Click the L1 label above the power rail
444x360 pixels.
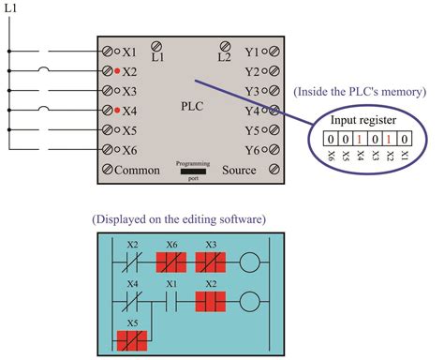coord(11,7)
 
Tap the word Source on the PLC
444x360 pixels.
coord(238,171)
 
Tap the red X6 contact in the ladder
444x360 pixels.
coord(171,260)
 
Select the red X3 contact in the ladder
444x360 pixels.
coord(211,260)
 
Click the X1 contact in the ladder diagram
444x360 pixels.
coord(171,302)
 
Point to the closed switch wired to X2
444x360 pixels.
coord(41,71)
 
